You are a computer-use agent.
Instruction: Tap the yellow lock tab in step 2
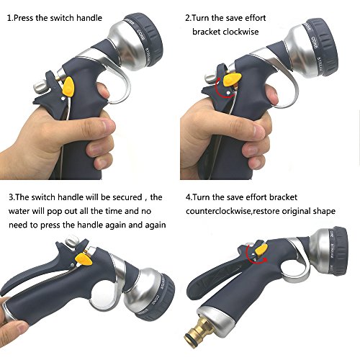pyautogui.click(x=232, y=80)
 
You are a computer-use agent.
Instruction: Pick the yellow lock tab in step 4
pyautogui.click(x=261, y=250)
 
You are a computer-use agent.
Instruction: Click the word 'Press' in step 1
pyautogui.click(x=23, y=18)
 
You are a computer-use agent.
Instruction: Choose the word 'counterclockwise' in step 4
pyautogui.click(x=218, y=211)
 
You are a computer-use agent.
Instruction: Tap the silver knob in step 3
pyautogui.click(x=73, y=241)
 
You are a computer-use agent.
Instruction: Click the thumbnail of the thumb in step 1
pyautogui.click(x=108, y=125)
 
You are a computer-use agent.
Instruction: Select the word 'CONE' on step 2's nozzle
pyautogui.click(x=315, y=43)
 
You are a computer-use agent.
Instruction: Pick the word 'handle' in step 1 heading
pyautogui.click(x=89, y=18)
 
